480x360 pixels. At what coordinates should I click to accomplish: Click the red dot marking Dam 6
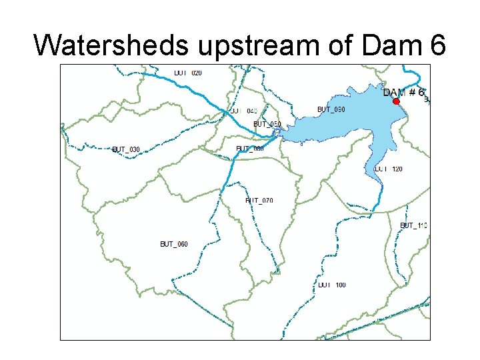point(396,101)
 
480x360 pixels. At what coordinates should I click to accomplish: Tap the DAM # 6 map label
point(404,92)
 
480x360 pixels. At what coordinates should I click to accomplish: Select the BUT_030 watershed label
point(126,149)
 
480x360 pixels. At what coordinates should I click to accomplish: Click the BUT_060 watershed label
point(174,244)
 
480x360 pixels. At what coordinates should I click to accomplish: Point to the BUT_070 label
point(259,201)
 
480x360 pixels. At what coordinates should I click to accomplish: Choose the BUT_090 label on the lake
point(331,109)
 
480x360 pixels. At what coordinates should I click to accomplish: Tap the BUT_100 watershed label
point(332,285)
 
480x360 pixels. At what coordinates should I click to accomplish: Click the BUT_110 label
point(413,225)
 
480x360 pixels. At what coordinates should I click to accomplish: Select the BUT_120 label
point(389,169)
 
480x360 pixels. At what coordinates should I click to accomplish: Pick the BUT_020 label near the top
point(188,73)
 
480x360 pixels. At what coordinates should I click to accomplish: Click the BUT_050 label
point(267,124)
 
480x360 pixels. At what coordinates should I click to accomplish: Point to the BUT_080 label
point(250,149)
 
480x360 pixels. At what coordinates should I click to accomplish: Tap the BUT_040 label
point(243,111)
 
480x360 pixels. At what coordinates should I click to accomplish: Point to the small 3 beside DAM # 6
point(426,100)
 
